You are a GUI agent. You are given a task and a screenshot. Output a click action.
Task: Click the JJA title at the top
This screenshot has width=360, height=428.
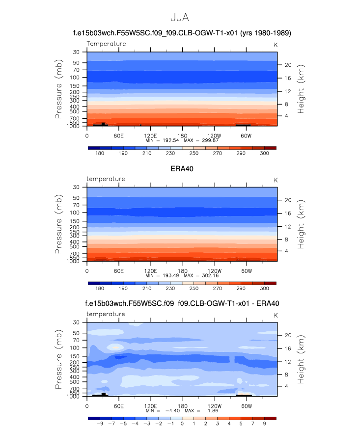pyautogui.click(x=179, y=17)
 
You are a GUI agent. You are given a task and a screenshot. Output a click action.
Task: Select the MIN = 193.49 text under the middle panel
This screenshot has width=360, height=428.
pyautogui.click(x=163, y=275)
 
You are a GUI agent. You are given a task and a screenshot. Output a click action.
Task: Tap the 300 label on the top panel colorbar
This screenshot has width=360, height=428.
pyautogui.click(x=264, y=154)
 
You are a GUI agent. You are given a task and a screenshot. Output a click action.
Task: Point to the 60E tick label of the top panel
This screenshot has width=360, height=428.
pyautogui.click(x=118, y=135)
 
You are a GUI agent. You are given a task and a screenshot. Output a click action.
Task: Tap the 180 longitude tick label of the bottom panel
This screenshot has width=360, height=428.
pyautogui.click(x=182, y=406)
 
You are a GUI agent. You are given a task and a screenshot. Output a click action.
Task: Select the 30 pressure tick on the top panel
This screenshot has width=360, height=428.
pyautogui.click(x=77, y=52)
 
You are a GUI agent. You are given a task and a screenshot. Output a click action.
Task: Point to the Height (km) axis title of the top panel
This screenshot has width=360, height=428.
pyautogui.click(x=301, y=89)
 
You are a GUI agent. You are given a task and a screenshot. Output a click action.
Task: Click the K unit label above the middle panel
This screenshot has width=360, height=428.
pyautogui.click(x=276, y=180)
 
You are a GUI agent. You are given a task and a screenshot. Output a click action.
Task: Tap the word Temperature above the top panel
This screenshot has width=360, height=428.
pyautogui.click(x=106, y=44)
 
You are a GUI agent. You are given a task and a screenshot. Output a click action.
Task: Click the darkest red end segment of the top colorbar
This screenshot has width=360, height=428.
pyautogui.click(x=270, y=147)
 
